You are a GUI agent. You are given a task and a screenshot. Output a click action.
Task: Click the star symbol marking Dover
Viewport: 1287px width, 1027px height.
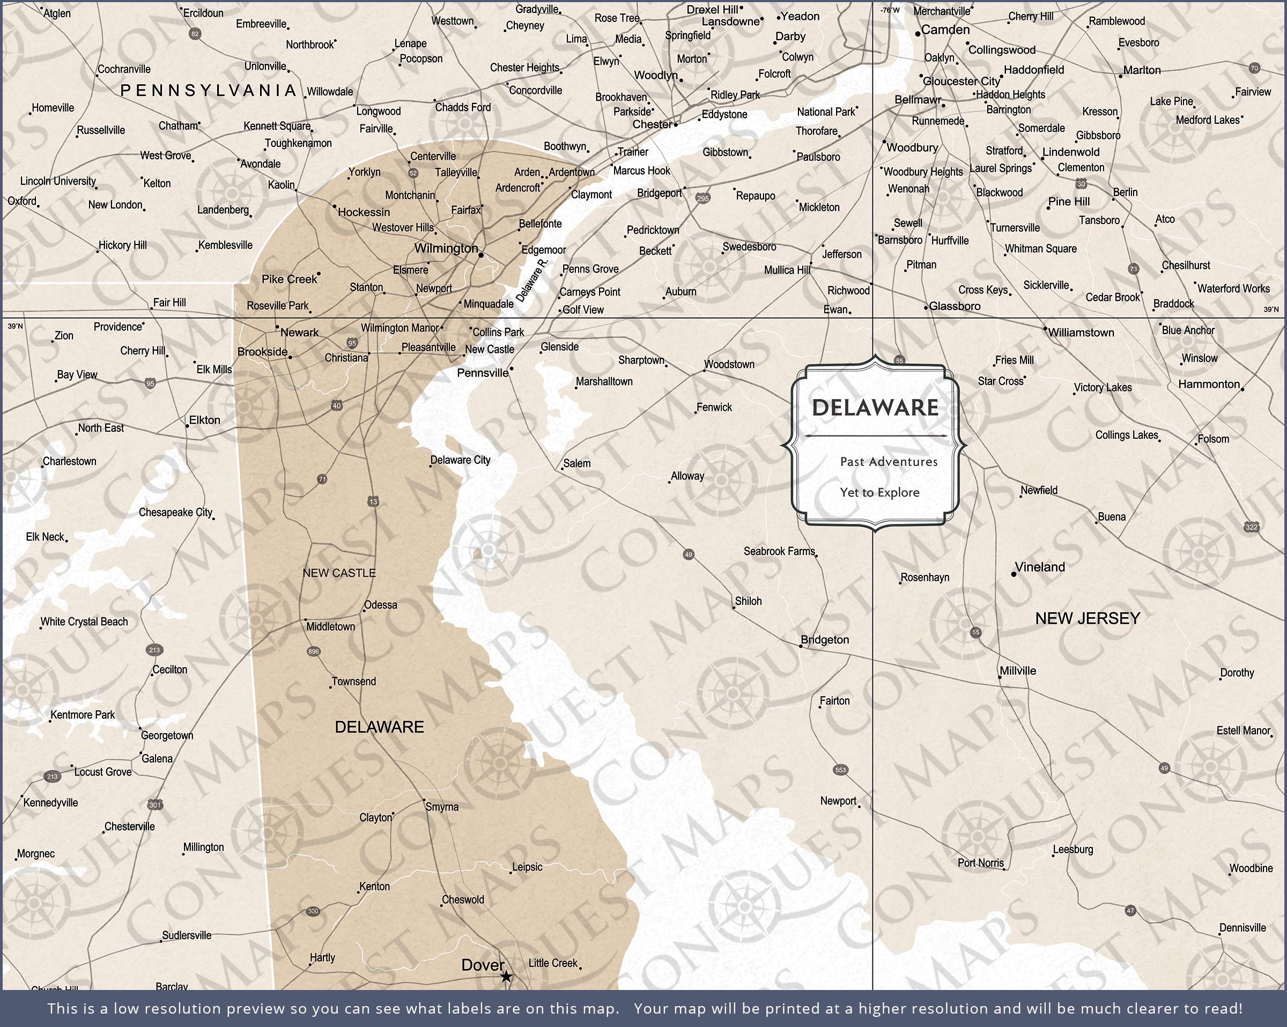(506, 977)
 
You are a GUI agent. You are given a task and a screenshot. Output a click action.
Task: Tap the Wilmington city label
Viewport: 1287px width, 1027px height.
(446, 248)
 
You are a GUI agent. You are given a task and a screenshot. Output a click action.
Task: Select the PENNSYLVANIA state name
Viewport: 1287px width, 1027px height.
(208, 91)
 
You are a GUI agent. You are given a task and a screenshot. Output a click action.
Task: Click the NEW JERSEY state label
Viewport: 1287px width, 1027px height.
(1087, 618)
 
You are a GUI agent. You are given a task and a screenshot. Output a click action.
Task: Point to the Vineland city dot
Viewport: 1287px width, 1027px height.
(1014, 574)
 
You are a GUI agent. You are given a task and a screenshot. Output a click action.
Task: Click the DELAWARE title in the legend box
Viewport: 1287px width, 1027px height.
(875, 408)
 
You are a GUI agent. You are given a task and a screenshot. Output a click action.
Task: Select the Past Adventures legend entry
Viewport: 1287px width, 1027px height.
(888, 462)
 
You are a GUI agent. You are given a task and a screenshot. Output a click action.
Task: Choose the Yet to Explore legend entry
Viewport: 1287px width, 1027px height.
(879, 493)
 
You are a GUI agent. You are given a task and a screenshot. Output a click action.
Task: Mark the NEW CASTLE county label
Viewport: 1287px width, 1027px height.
(338, 573)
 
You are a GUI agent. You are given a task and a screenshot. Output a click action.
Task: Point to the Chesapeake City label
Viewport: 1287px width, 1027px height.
(175, 512)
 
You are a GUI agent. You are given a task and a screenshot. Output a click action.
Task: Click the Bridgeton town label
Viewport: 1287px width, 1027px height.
(824, 639)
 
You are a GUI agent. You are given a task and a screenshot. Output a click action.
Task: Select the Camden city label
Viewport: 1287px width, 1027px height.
(945, 30)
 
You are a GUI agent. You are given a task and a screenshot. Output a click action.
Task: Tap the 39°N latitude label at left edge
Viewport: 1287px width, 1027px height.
(16, 326)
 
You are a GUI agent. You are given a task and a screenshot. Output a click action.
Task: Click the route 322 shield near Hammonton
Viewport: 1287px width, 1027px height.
(1252, 527)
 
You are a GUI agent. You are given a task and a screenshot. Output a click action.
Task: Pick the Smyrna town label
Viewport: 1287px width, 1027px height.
(442, 807)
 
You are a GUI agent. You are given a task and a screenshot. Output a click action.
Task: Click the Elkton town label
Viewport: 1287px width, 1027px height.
(204, 420)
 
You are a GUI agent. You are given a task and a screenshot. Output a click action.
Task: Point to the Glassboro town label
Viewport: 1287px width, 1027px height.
(955, 306)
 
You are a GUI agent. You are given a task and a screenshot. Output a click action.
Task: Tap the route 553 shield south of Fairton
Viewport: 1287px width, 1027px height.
(840, 770)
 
